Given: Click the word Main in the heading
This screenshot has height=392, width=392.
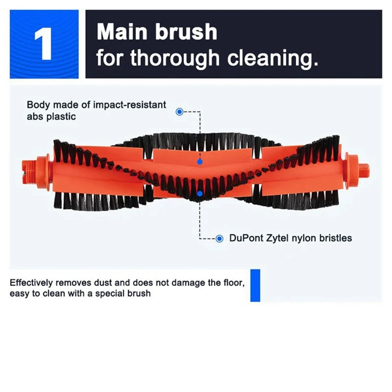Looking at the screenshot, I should click(x=122, y=32).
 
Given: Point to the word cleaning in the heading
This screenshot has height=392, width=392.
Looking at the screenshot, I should click(x=272, y=58).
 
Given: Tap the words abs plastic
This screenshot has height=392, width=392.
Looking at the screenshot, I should click(x=51, y=117).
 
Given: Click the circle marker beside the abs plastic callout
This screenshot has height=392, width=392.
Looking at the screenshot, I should click(x=179, y=112).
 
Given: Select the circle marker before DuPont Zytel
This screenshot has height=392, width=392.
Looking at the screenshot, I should click(x=220, y=239).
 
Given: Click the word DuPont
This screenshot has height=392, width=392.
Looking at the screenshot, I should click(x=246, y=239).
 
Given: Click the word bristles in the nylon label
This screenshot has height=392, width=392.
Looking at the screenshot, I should click(x=335, y=239).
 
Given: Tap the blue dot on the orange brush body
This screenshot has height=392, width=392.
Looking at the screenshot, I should click(x=199, y=161).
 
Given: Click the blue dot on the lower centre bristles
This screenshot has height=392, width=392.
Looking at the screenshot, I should click(x=199, y=193).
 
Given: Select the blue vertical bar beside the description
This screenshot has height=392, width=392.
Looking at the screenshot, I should click(x=255, y=285).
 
